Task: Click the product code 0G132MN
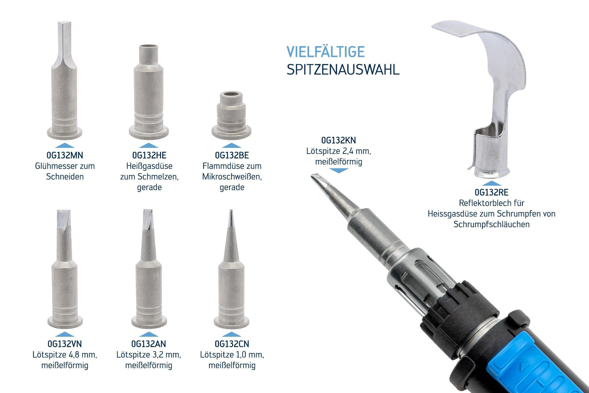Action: pos(65,155)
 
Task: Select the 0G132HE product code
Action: pos(149,155)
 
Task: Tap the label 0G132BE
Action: pos(232,155)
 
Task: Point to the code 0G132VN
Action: pos(65,344)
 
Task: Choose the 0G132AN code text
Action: pos(148,344)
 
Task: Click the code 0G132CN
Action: pos(232,344)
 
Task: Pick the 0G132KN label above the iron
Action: pos(338,140)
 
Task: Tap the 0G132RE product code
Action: pos(492,193)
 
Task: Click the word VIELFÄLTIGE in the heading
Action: pos(326,52)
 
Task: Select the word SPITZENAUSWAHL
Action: pos(343,70)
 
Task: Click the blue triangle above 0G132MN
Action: pos(65,145)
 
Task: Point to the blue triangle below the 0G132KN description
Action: pos(338,171)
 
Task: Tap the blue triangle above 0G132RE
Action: pos(492,183)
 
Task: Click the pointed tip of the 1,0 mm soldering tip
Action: pos(231,211)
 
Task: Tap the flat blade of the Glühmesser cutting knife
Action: pos(65,42)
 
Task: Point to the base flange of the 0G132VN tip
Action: pos(65,321)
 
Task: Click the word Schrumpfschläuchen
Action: pos(492,224)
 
